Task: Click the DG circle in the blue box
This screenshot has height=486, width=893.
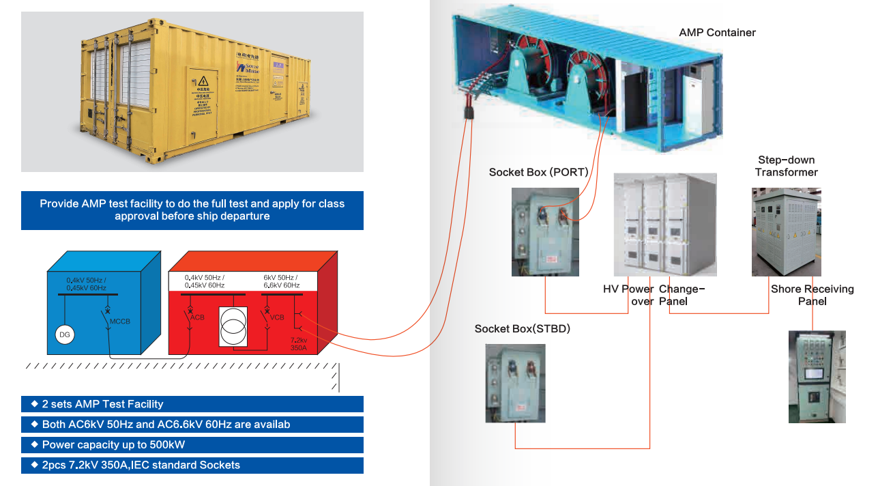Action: point(64,334)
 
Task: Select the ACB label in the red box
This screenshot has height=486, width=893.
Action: point(197,317)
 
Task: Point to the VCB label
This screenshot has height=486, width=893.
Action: point(276,317)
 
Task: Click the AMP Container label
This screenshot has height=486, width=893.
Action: point(717,32)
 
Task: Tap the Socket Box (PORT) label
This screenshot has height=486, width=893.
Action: point(538,172)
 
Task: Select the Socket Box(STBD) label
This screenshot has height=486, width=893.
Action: point(522,329)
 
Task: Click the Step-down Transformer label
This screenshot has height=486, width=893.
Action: point(786,166)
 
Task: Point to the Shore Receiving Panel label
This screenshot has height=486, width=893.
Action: point(812,295)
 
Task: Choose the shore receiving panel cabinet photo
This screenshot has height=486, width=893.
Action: point(817,376)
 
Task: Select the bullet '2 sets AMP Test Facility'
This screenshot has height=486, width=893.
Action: point(102,404)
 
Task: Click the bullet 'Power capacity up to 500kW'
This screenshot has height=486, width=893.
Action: point(113,445)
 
